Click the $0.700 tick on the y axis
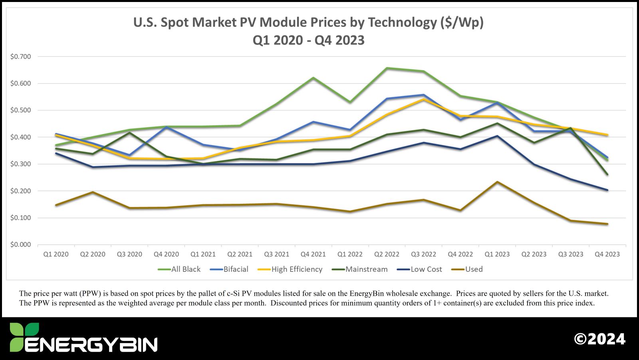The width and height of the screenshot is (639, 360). pyautogui.click(x=20, y=57)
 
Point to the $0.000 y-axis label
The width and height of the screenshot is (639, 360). pyautogui.click(x=20, y=245)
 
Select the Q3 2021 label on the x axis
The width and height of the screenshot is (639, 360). pyautogui.click(x=276, y=254)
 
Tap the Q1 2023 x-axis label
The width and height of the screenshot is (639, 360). pyautogui.click(x=497, y=254)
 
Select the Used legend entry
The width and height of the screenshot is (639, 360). pyautogui.click(x=474, y=269)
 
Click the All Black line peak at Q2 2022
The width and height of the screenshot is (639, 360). pyautogui.click(x=387, y=68)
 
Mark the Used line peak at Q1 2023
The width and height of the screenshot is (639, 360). pyautogui.click(x=497, y=182)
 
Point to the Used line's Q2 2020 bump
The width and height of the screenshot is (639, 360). pyautogui.click(x=93, y=192)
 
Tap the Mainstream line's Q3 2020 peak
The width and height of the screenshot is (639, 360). pyautogui.click(x=129, y=133)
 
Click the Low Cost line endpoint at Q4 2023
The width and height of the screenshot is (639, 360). pyautogui.click(x=607, y=190)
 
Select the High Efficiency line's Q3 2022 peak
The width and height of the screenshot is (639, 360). pyautogui.click(x=424, y=99)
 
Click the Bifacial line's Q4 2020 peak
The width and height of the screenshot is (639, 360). pyautogui.click(x=166, y=127)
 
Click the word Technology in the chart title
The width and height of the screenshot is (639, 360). pyautogui.click(x=402, y=22)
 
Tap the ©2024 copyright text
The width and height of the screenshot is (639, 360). pyautogui.click(x=599, y=339)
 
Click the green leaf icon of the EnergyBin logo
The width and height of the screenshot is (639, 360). pyautogui.click(x=24, y=336)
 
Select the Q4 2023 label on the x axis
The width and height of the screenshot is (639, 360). pyautogui.click(x=607, y=254)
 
